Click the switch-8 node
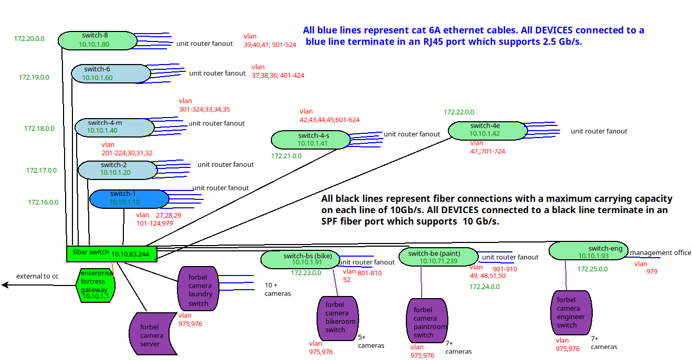click(x=98, y=40)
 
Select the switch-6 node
click(x=111, y=73)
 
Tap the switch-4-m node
click(x=114, y=128)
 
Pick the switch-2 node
click(x=118, y=170)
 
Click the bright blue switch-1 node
click(x=130, y=199)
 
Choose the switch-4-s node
click(x=311, y=140)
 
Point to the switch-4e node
click(x=488, y=131)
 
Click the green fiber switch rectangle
click(x=112, y=254)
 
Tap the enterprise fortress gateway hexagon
click(x=96, y=285)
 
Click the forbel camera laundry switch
click(x=198, y=289)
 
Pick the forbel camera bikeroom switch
click(x=338, y=319)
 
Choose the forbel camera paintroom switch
click(x=427, y=321)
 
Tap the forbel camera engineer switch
click(x=572, y=312)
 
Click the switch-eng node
click(x=589, y=250)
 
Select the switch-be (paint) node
click(x=439, y=257)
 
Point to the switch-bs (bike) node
click(x=300, y=260)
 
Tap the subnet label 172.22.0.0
click(x=459, y=112)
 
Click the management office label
click(x=660, y=252)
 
